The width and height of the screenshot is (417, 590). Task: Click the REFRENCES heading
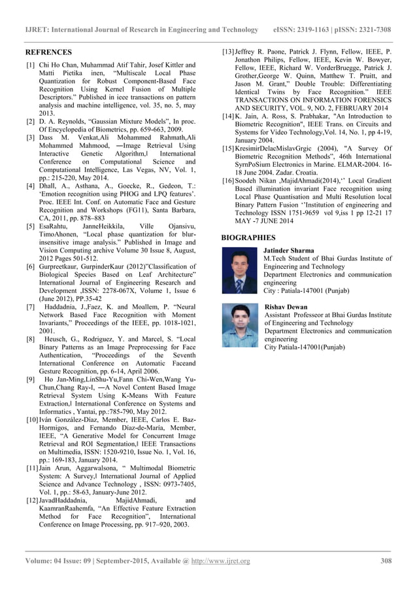pyautogui.click(x=48, y=52)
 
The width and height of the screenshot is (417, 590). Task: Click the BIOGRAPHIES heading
pyautogui.click(x=248, y=238)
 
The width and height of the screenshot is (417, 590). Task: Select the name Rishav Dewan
pyautogui.click(x=285, y=307)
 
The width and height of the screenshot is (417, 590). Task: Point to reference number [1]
pyautogui.click(x=31, y=65)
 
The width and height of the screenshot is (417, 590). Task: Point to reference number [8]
pyautogui.click(x=31, y=339)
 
